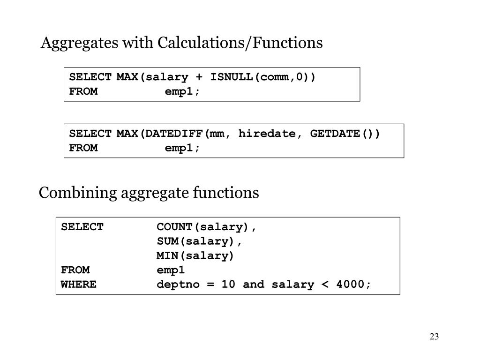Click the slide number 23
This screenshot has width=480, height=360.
[434, 337]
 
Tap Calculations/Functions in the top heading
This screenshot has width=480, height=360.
[240, 43]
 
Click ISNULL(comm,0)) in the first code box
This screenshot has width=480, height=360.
[263, 77]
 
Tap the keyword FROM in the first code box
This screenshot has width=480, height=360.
[83, 91]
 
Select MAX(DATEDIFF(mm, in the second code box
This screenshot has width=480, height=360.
[170, 134]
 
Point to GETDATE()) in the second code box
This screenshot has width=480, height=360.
[345, 134]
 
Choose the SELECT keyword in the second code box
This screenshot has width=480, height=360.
[90, 134]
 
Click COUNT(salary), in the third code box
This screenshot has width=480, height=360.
[207, 227]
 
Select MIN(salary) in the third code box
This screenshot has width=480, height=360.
[195, 256]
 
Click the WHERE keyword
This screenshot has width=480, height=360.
[79, 285]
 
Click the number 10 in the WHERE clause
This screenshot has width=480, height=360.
[228, 285]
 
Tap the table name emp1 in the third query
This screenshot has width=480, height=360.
[171, 270]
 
